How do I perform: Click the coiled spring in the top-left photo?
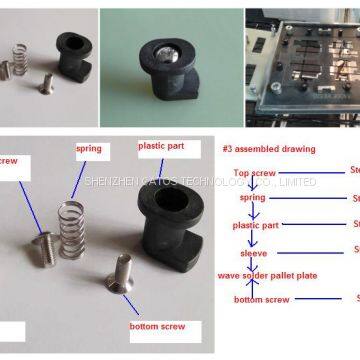pyautogui.click(x=20, y=59)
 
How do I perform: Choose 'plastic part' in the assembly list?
pyautogui.click(x=254, y=225)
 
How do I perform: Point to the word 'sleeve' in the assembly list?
pyautogui.click(x=253, y=253)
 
